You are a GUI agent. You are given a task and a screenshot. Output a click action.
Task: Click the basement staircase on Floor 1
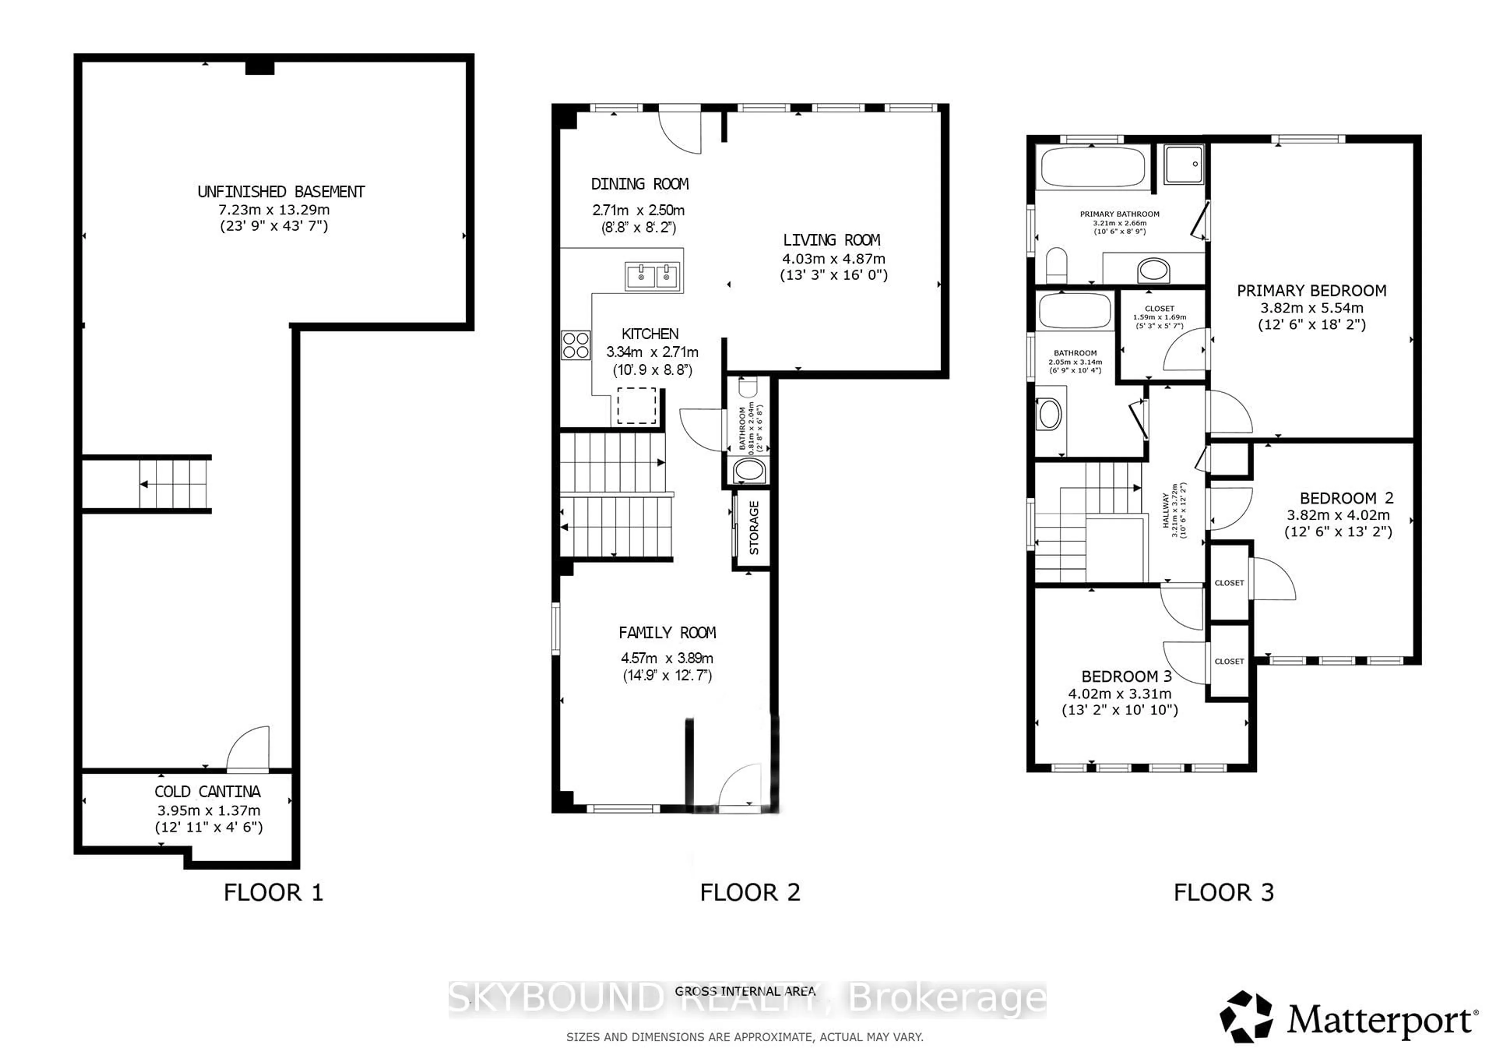pyautogui.click(x=174, y=485)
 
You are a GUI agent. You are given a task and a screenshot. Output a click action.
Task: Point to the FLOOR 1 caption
pyautogui.click(x=273, y=892)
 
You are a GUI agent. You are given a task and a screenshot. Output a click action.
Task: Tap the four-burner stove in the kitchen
pyautogui.click(x=575, y=345)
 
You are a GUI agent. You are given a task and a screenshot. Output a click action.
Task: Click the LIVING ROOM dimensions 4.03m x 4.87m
pyautogui.click(x=834, y=259)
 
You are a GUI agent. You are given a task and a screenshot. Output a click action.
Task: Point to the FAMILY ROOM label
pyautogui.click(x=667, y=633)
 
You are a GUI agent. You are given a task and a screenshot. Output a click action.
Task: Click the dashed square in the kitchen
pyautogui.click(x=636, y=405)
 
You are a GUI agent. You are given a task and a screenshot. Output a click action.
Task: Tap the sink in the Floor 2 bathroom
pyautogui.click(x=749, y=470)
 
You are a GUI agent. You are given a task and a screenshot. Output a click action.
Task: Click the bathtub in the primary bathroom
pyautogui.click(x=1092, y=168)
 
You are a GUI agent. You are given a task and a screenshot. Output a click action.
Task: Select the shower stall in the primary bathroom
pyautogui.click(x=1184, y=164)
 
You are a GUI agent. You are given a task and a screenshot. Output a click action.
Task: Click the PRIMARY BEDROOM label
pyautogui.click(x=1311, y=291)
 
